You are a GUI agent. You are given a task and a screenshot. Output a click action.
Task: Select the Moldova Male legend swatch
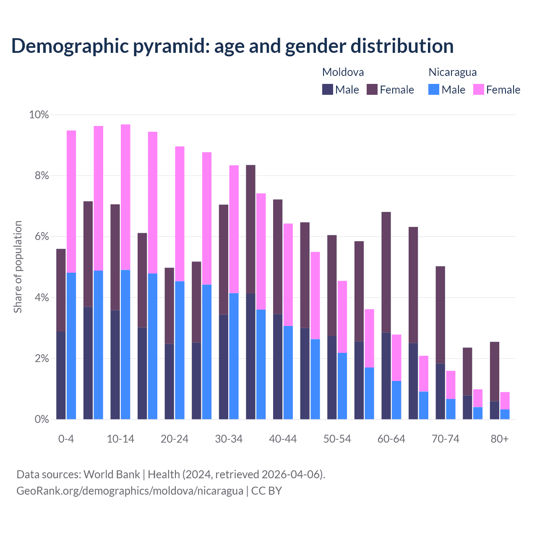click(x=328, y=89)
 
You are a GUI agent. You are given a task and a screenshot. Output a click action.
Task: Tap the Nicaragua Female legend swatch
click(x=478, y=89)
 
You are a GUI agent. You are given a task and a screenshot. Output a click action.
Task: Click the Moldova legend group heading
click(x=343, y=72)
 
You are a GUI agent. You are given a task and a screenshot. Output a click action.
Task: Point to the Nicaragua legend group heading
click(x=452, y=72)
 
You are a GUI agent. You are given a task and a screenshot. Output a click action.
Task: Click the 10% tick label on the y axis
click(x=39, y=115)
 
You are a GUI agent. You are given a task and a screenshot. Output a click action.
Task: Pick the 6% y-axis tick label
click(x=41, y=237)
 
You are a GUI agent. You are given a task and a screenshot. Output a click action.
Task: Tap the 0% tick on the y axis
click(x=41, y=419)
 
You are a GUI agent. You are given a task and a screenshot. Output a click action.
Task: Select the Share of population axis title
click(x=18, y=267)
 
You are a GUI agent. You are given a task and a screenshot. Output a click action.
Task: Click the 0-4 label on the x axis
click(x=66, y=439)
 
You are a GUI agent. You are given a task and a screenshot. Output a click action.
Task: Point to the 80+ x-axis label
click(x=499, y=439)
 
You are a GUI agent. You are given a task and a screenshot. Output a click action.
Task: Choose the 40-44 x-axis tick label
click(x=283, y=439)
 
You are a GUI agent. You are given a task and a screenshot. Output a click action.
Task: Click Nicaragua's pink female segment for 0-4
click(x=71, y=201)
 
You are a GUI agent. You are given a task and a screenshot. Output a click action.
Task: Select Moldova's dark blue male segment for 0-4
click(x=61, y=375)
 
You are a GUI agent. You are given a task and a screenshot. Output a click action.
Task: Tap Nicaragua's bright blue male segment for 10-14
click(x=125, y=344)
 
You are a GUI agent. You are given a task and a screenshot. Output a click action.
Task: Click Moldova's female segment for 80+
click(x=495, y=371)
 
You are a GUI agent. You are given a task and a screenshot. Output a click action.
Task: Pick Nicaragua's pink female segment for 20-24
click(x=180, y=214)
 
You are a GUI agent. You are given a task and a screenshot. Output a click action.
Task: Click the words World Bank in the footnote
click(x=112, y=474)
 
